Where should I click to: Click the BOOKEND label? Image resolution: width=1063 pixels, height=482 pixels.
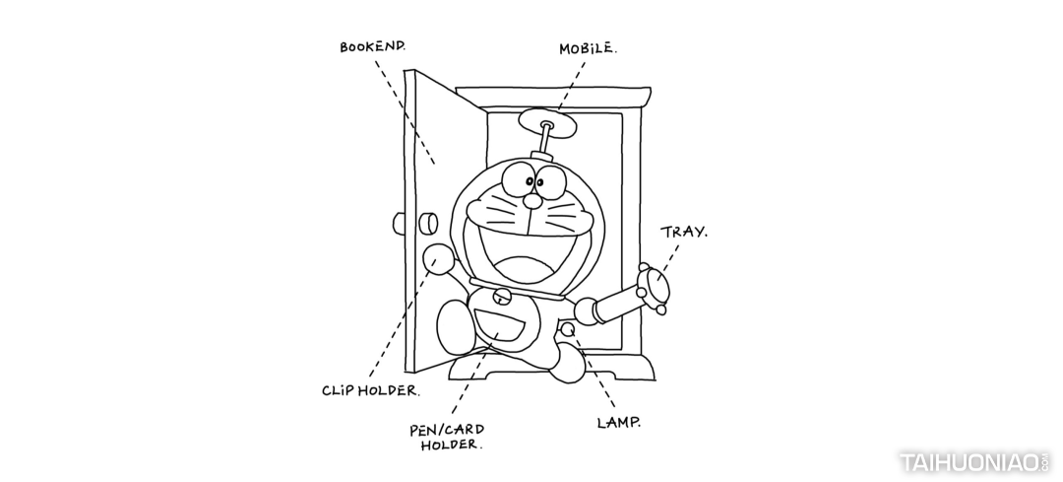tap(373, 46)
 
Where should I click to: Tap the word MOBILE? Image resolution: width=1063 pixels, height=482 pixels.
tap(588, 48)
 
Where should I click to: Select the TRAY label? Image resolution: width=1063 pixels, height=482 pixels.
tap(683, 233)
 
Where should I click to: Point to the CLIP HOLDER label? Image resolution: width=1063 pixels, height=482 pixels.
tap(370, 389)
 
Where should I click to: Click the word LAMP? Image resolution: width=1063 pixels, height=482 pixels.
tap(619, 423)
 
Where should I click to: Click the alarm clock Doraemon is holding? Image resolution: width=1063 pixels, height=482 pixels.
tap(653, 286)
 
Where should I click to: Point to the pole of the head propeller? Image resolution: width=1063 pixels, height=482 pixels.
tap(541, 144)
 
